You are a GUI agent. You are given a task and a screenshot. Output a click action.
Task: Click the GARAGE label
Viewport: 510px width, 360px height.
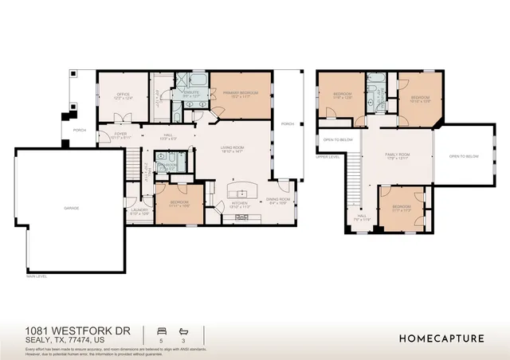pyautogui.click(x=72, y=208)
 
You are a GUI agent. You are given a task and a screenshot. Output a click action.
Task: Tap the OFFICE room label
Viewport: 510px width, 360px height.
pyautogui.click(x=123, y=95)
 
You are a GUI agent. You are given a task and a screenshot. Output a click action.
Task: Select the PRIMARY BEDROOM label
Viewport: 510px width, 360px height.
pyautogui.click(x=240, y=93)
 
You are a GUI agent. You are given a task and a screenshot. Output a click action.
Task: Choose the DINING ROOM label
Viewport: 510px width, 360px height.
pyautogui.click(x=278, y=199)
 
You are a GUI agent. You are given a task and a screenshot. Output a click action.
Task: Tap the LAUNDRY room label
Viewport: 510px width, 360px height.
pyautogui.click(x=139, y=210)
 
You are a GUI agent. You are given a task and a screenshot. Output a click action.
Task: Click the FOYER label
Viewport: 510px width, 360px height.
pyautogui.click(x=120, y=134)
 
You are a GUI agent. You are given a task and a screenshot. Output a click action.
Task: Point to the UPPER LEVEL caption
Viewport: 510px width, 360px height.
pyautogui.click(x=328, y=156)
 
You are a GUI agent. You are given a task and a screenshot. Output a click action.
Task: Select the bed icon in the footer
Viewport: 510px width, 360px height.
pyautogui.click(x=163, y=329)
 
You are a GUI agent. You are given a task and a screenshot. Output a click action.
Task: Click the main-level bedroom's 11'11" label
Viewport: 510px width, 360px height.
pyautogui.click(x=179, y=205)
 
